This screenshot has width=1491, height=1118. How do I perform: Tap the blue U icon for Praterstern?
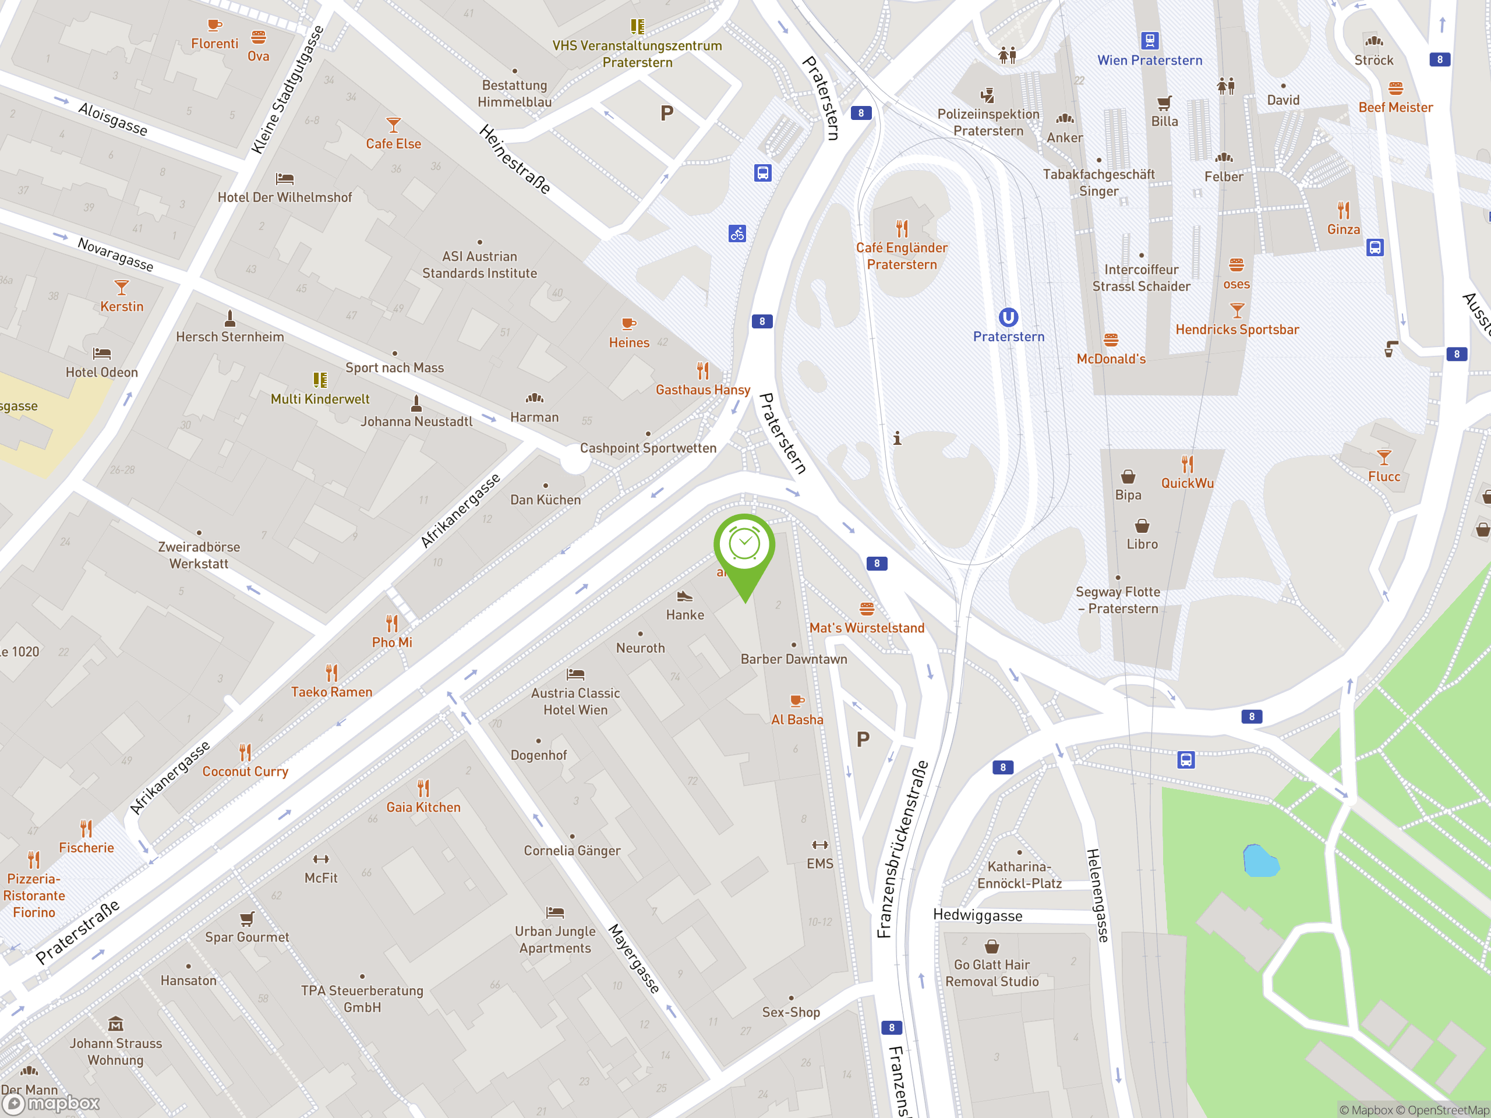click(x=1008, y=317)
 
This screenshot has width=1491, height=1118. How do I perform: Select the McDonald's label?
click(x=1111, y=359)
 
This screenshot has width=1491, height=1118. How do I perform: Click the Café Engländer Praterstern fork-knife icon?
click(x=902, y=228)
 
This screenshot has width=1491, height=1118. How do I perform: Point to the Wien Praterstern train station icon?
click(x=1149, y=40)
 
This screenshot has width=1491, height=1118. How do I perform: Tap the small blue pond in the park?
click(x=1260, y=861)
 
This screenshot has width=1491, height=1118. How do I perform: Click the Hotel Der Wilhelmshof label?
click(x=284, y=197)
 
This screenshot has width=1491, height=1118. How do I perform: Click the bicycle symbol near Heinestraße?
click(x=737, y=234)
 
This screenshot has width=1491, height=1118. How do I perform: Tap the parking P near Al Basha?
click(x=863, y=740)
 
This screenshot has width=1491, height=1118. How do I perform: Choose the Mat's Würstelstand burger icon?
click(x=867, y=608)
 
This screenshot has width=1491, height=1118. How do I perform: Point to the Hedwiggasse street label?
click(x=977, y=915)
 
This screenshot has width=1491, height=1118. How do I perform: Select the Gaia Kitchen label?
click(x=423, y=807)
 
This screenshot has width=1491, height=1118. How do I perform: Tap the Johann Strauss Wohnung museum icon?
click(x=116, y=1024)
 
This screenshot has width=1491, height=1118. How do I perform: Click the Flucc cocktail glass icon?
click(x=1384, y=458)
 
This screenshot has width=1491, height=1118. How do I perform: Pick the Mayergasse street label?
click(x=634, y=958)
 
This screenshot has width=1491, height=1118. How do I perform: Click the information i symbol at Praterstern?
click(x=897, y=438)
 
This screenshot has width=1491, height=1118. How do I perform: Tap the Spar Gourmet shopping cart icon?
click(x=248, y=918)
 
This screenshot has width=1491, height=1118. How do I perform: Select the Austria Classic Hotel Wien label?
click(x=575, y=701)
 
